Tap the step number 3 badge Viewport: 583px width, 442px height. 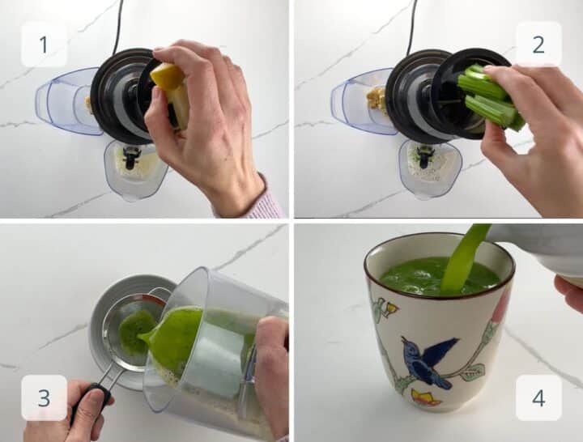click(44, 397)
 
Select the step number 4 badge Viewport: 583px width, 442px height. click(538, 397)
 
